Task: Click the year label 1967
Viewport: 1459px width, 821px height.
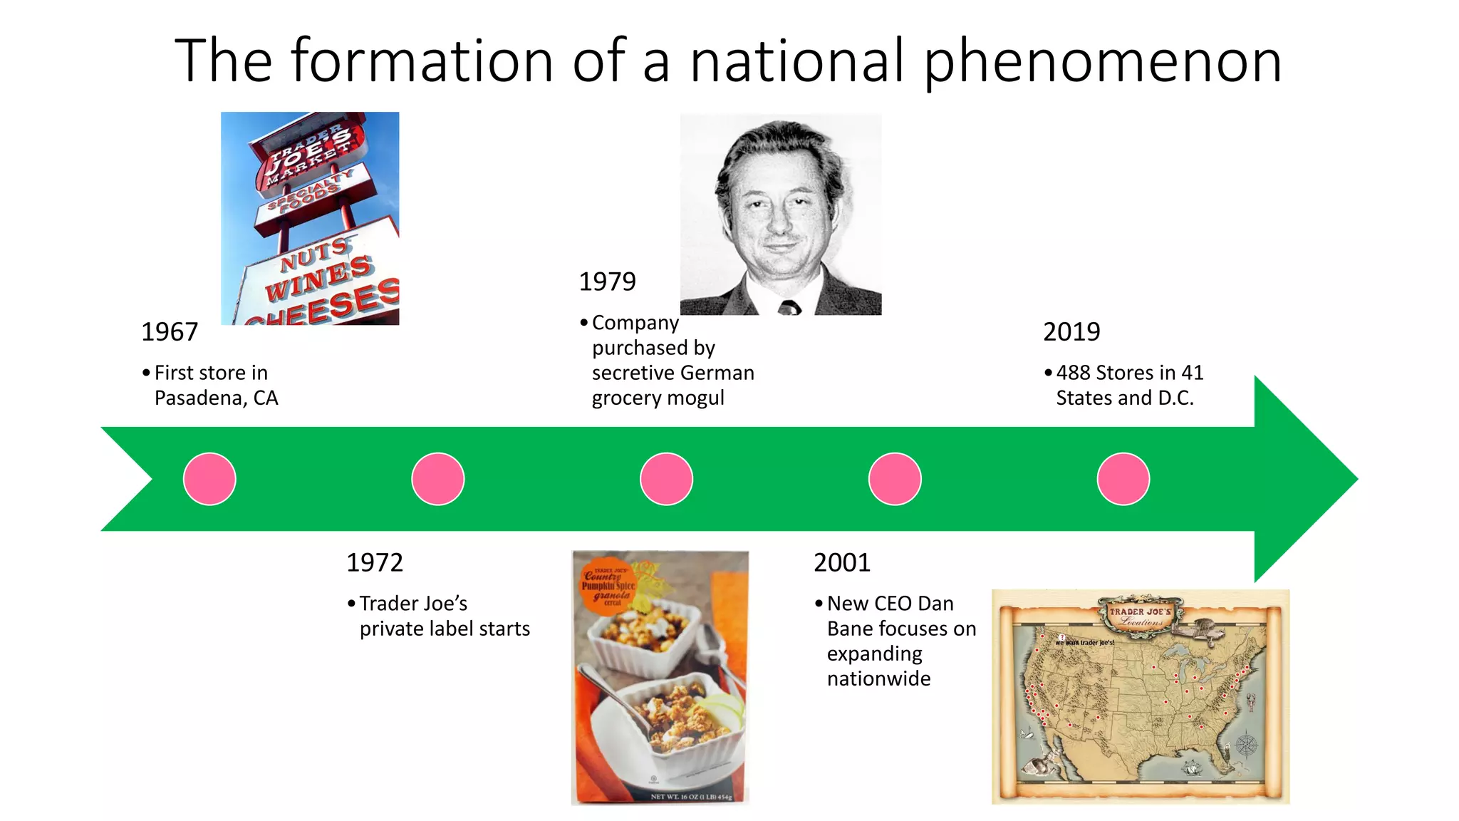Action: (170, 332)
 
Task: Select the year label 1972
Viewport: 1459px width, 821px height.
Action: (375, 563)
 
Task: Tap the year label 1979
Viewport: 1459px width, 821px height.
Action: (607, 282)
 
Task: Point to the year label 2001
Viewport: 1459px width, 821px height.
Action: (842, 563)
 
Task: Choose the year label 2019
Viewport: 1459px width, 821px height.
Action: (1071, 332)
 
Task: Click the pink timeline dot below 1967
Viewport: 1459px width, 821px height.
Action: (209, 479)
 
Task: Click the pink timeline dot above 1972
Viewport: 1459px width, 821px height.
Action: (438, 479)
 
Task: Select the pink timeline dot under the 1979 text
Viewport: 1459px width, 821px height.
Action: (667, 479)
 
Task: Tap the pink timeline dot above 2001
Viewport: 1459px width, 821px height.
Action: (895, 479)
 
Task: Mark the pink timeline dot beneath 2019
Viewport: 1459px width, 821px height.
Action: (1123, 479)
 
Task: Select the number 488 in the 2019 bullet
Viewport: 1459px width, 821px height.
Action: (1074, 373)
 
